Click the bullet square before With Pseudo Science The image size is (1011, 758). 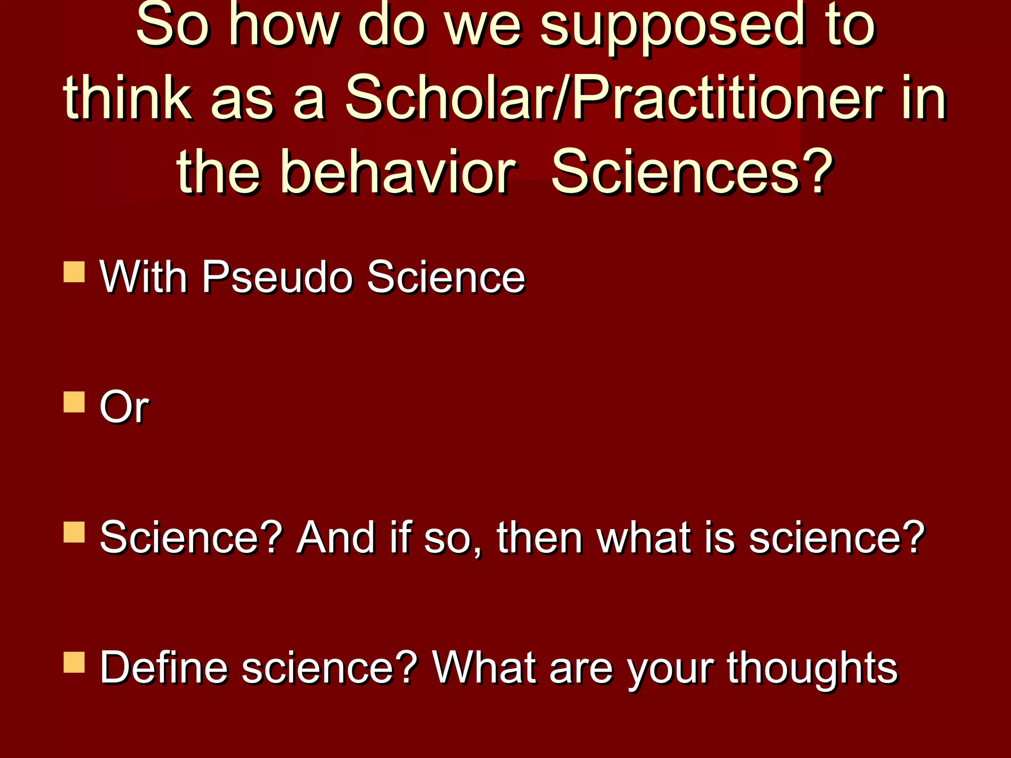click(x=74, y=272)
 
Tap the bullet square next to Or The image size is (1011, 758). click(x=74, y=402)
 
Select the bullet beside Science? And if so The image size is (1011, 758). click(x=74, y=532)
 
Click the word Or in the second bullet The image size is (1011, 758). click(x=124, y=407)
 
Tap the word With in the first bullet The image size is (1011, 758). click(x=144, y=277)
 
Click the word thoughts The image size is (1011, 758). click(x=812, y=667)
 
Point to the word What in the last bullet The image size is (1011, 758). click(x=484, y=667)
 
